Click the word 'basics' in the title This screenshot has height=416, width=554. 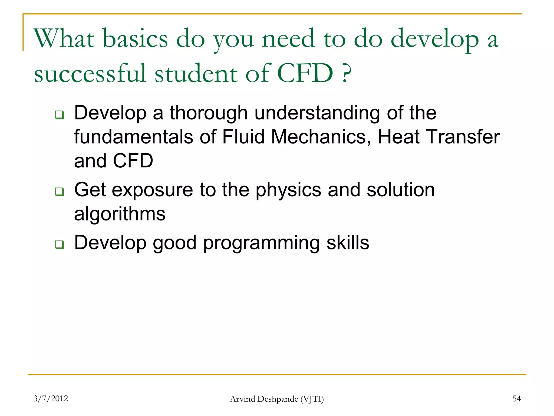click(136, 39)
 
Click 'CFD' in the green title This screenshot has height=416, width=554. click(305, 73)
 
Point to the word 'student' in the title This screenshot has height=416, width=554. click(196, 73)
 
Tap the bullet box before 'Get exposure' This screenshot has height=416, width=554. click(59, 191)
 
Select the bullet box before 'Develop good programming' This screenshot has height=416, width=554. click(59, 244)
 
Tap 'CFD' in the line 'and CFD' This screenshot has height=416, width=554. click(133, 161)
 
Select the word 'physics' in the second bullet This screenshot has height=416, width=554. click(288, 190)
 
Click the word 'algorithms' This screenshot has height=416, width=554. click(120, 214)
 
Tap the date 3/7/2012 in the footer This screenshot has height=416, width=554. click(51, 399)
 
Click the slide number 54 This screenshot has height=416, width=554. click(516, 399)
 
